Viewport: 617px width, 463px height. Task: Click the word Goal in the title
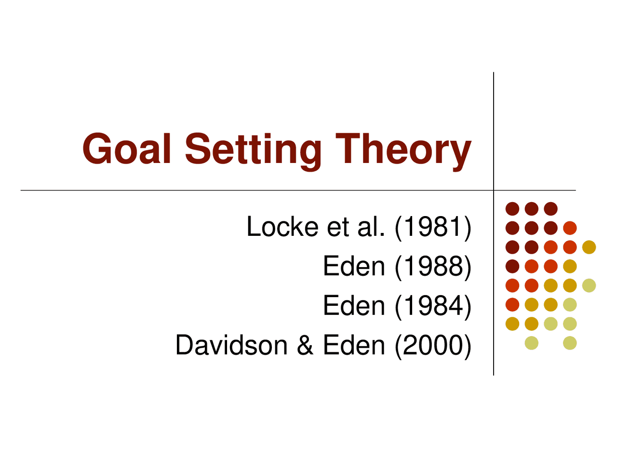click(x=127, y=149)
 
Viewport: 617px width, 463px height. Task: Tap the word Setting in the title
click(x=253, y=150)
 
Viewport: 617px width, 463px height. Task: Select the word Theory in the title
click(x=403, y=150)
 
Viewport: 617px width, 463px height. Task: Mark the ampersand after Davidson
click(x=305, y=345)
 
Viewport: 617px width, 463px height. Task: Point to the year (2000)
click(x=433, y=345)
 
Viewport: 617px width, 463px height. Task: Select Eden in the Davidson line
click(x=354, y=345)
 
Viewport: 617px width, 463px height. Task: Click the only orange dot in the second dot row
click(x=570, y=228)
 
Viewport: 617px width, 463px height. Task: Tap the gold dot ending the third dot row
click(x=589, y=247)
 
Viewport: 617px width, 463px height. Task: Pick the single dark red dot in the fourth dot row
click(x=512, y=266)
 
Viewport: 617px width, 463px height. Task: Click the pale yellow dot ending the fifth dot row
click(x=589, y=286)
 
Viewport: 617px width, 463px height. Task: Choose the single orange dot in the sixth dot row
click(x=512, y=305)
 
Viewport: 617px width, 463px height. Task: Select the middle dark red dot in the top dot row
click(x=532, y=209)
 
